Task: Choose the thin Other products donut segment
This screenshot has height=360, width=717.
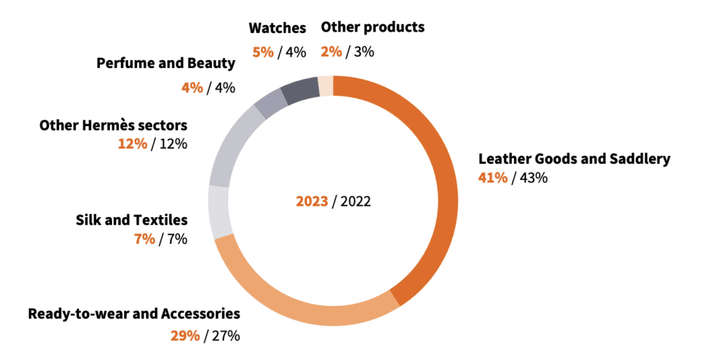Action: (326, 85)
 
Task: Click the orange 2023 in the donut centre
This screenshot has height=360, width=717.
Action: (312, 202)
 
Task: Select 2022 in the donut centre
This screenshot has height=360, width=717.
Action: (355, 202)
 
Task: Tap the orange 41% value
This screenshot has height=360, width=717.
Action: (492, 177)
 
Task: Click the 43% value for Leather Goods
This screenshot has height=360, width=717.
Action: (533, 177)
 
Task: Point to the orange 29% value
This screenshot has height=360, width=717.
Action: (185, 335)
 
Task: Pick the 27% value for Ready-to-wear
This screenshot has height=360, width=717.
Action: (225, 335)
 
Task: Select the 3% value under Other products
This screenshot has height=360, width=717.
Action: (364, 51)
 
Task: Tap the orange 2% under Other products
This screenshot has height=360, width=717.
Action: (331, 51)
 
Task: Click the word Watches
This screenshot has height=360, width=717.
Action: (277, 28)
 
